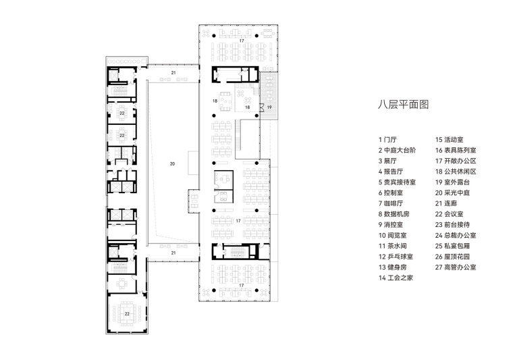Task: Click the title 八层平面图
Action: tap(403, 105)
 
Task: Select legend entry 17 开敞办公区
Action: tap(456, 161)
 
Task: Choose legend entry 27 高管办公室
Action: tap(456, 267)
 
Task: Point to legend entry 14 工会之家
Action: tap(396, 278)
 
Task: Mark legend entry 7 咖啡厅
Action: tap(391, 203)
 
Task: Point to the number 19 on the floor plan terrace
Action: tap(268, 107)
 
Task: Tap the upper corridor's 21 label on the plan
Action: tap(173, 72)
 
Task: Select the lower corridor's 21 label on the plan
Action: tap(173, 253)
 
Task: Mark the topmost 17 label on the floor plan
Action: tap(241, 41)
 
